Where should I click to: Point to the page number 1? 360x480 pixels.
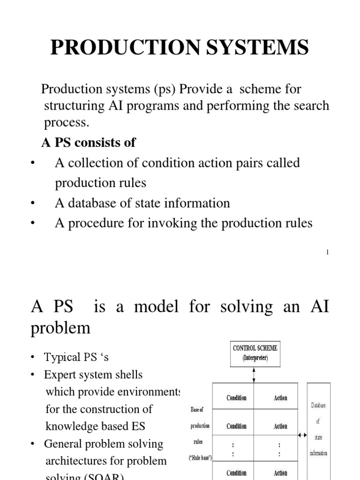pyautogui.click(x=327, y=253)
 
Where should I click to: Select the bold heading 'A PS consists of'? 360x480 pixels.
pyautogui.click(x=89, y=142)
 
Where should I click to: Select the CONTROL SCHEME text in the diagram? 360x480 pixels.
pyautogui.click(x=255, y=348)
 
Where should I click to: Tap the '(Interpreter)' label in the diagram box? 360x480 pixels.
pyautogui.click(x=255, y=358)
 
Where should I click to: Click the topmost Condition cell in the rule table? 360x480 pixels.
pyautogui.click(x=236, y=398)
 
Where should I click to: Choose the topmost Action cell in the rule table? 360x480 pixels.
pyautogui.click(x=280, y=398)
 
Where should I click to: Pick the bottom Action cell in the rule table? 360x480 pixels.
pyautogui.click(x=280, y=473)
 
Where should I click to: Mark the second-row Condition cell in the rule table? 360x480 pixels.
pyautogui.click(x=236, y=427)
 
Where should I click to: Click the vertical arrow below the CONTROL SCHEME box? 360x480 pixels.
pyautogui.click(x=254, y=375)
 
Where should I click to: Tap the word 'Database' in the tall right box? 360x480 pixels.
pyautogui.click(x=318, y=405)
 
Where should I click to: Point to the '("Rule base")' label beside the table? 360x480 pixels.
pyautogui.click(x=200, y=457)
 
